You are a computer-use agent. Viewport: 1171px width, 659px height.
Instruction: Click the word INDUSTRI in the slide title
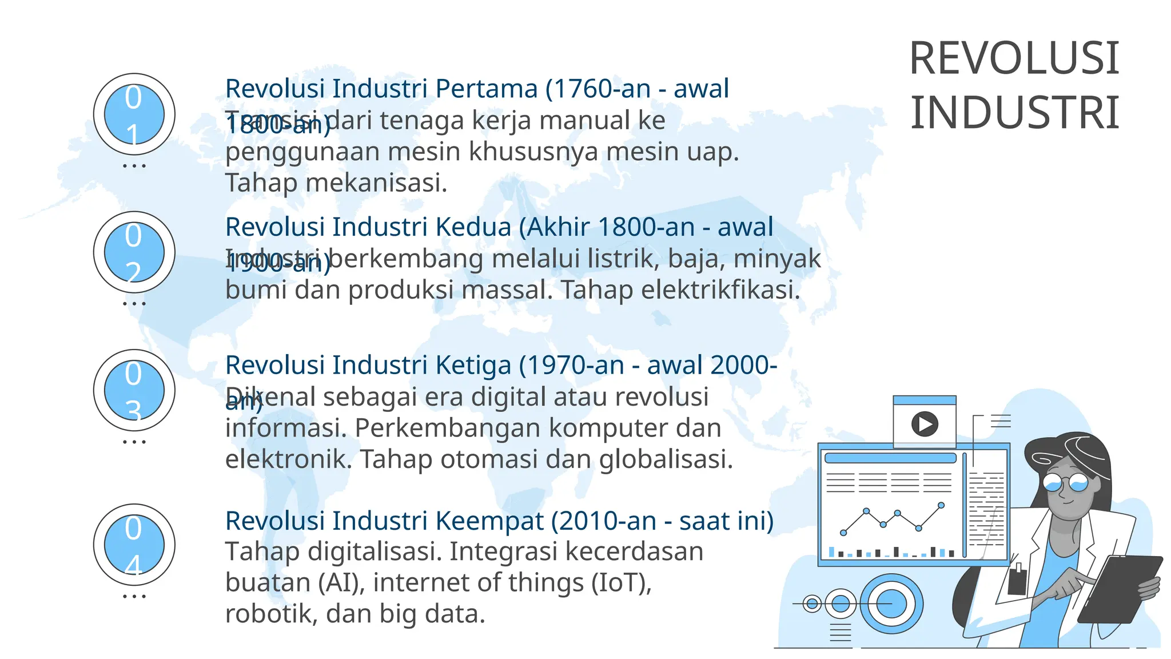(x=1014, y=113)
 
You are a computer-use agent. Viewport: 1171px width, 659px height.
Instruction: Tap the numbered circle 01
(x=134, y=114)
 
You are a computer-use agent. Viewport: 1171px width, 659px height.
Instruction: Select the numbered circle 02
(x=134, y=252)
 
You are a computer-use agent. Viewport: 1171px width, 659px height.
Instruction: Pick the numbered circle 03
(x=134, y=391)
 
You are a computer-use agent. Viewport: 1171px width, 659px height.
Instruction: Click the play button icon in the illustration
(x=925, y=424)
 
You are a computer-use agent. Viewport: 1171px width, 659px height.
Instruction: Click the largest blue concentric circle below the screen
(x=891, y=604)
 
